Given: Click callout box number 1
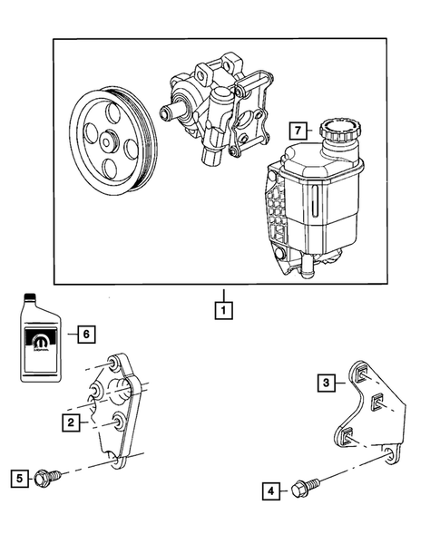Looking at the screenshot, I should point(222,309).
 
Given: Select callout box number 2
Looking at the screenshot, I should point(69,422).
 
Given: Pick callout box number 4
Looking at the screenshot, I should point(269,492).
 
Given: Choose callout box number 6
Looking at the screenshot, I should point(85,334).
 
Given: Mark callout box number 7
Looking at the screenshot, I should point(295,130).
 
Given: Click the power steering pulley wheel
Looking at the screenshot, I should point(113,141).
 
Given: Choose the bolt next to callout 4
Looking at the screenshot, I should point(301,490).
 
